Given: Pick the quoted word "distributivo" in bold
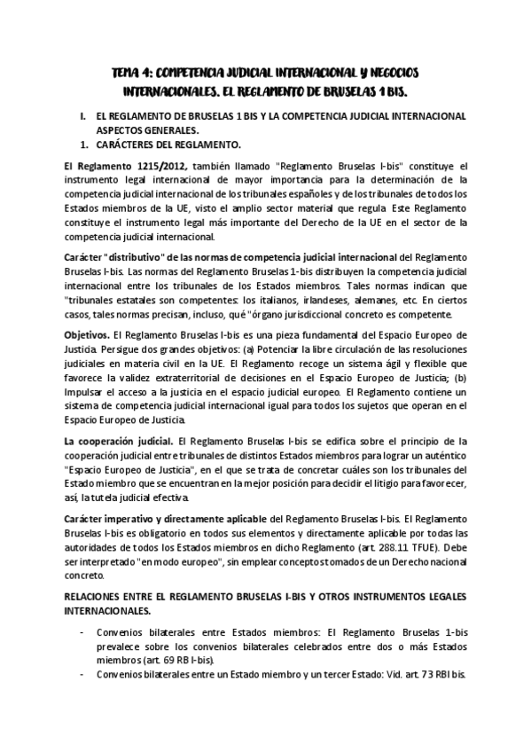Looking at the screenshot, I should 131,256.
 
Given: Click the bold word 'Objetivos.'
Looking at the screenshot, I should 86,338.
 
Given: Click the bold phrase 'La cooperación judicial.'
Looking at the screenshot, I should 119,441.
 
